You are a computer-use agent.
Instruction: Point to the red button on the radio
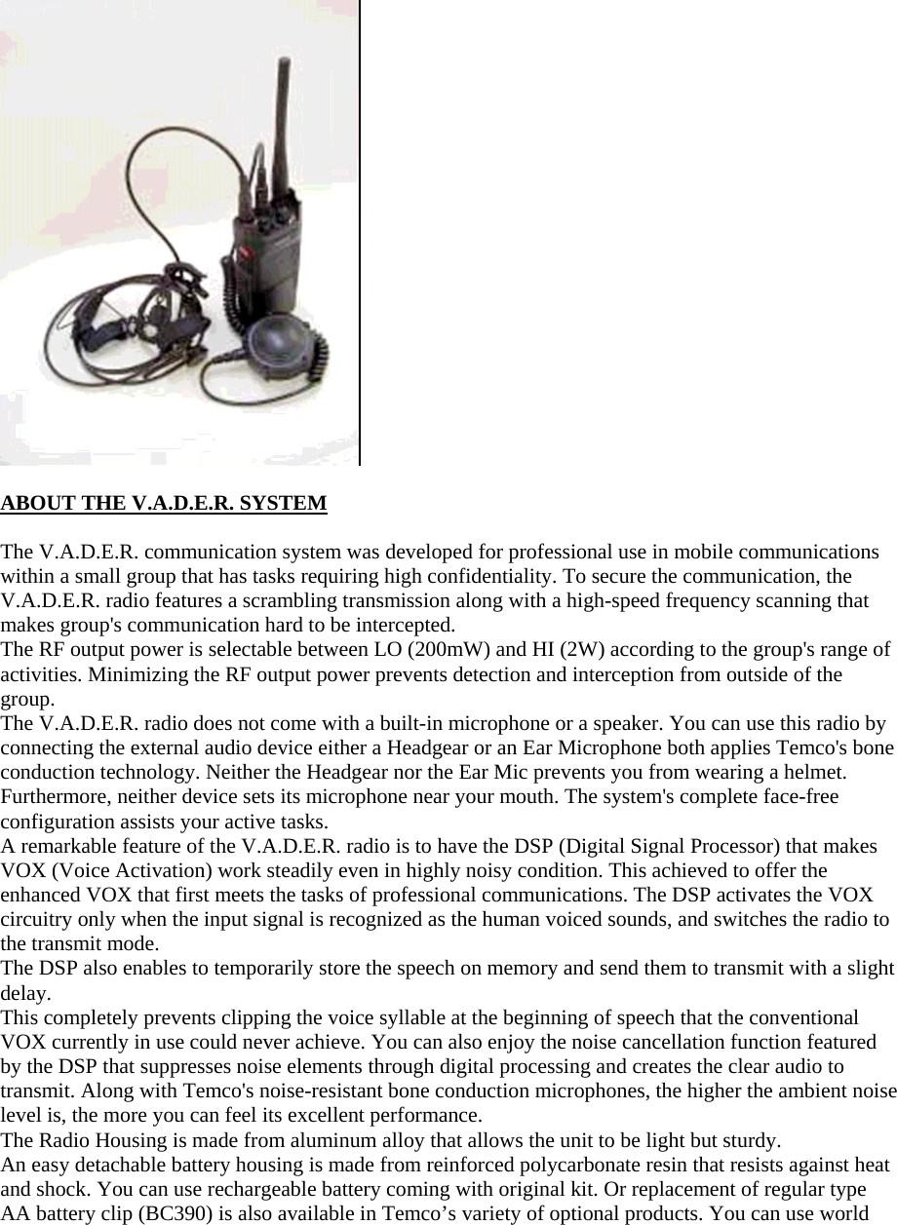248,252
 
